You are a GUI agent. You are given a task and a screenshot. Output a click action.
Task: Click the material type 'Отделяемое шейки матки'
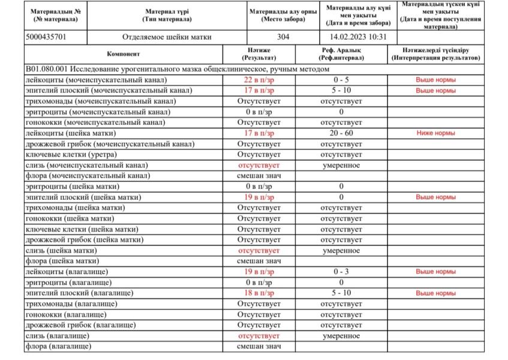click(x=167, y=37)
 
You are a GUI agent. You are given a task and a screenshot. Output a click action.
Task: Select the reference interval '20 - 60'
click(x=341, y=133)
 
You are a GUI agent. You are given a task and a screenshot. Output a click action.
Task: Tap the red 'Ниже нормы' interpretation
click(x=436, y=133)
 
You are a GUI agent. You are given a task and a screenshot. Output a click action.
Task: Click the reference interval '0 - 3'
click(x=341, y=272)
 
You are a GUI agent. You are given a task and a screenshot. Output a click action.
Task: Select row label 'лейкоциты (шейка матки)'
click(x=71, y=133)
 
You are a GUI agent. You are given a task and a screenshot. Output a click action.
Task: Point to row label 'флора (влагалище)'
click(x=58, y=347)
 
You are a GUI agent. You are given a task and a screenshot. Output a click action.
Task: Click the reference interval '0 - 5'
click(x=341, y=80)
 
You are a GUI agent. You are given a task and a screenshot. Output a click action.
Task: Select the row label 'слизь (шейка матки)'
click(x=61, y=250)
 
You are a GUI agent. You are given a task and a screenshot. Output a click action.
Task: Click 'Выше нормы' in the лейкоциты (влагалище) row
click(x=436, y=272)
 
